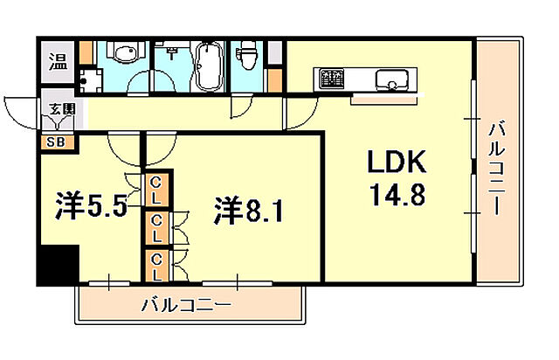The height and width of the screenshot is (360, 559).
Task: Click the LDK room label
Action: click(394, 163)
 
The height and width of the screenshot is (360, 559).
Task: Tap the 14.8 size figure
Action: click(395, 193)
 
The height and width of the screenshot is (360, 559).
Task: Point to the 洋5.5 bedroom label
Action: click(86, 207)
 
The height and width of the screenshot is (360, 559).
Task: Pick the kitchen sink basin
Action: click(390, 81)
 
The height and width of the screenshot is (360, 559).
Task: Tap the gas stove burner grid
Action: click(333, 80)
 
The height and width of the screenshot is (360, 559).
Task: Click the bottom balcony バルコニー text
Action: click(186, 305)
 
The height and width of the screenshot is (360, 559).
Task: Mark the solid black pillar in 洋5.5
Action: click(58, 265)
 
